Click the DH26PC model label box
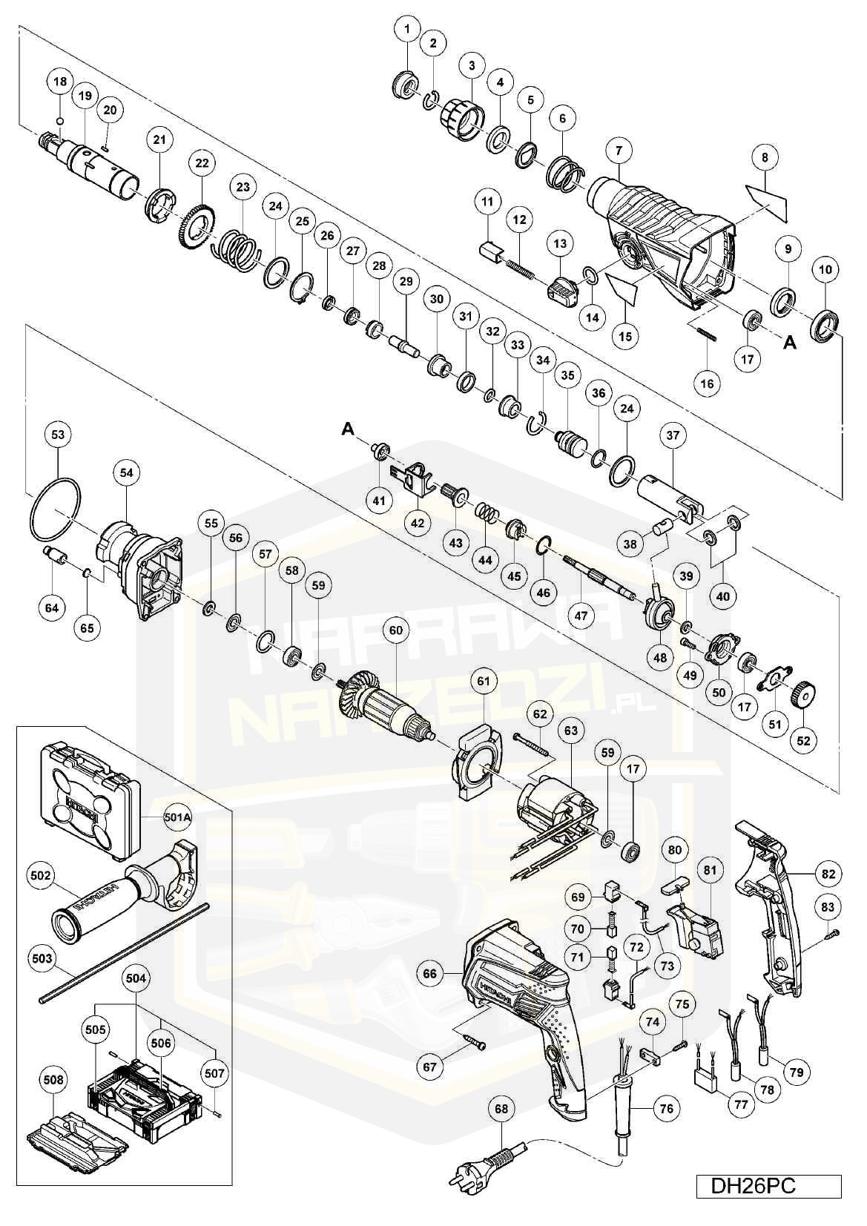[x=768, y=1184]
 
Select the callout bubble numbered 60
[x=396, y=630]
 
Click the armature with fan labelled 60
[x=386, y=711]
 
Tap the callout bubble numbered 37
[x=673, y=436]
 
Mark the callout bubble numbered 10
[x=826, y=270]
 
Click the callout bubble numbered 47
[x=581, y=615]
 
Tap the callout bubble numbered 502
[x=41, y=876]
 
